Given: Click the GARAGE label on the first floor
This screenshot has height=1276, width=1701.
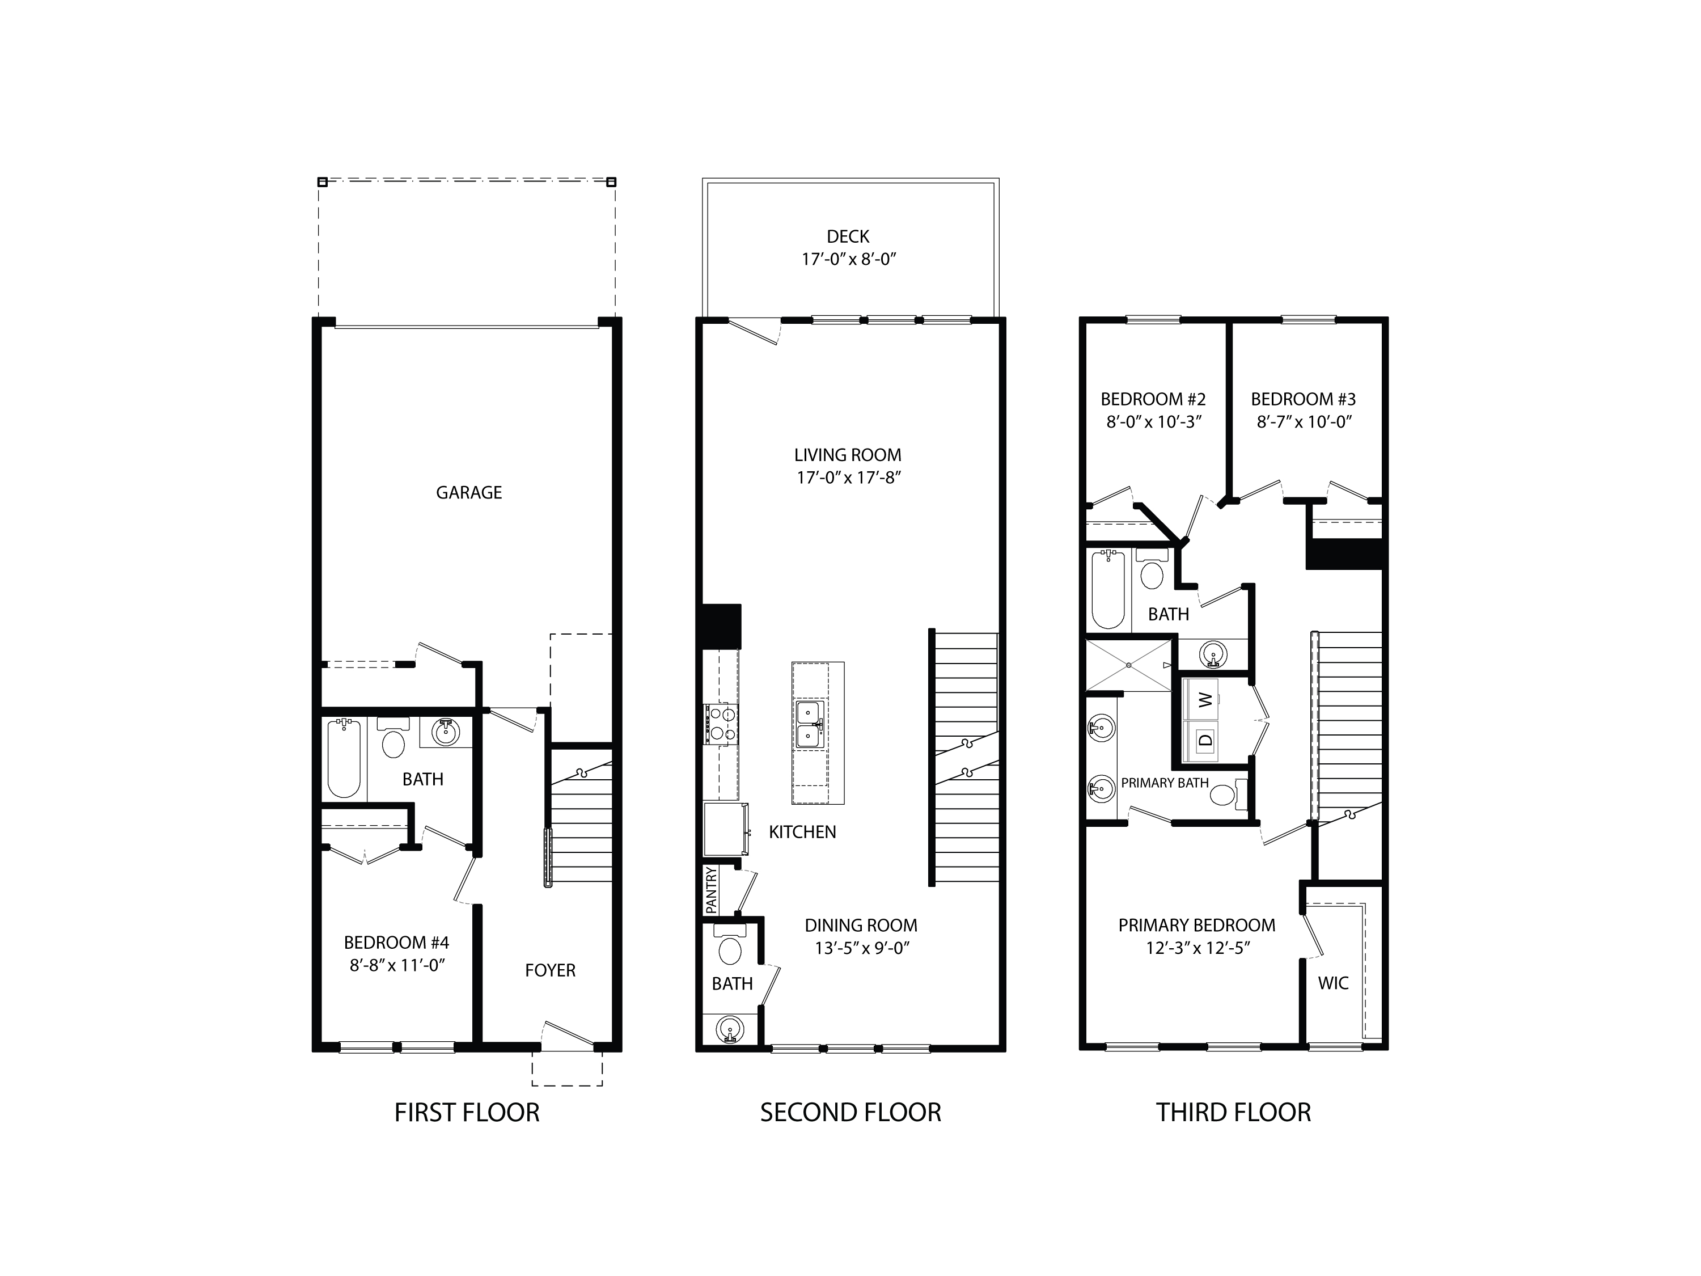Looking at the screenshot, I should point(468,492).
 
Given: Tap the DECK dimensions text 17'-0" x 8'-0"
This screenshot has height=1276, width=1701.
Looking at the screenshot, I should point(849,259).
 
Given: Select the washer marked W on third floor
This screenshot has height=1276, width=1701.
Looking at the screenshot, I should point(1205,699).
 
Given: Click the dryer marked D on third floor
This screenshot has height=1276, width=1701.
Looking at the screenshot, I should point(1205,741).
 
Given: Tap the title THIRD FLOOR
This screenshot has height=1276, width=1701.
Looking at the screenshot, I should point(1233,1112).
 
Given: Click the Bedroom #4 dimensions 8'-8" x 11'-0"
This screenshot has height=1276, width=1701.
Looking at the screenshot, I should point(397,965).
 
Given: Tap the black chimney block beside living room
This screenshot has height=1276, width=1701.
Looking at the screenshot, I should point(721,626).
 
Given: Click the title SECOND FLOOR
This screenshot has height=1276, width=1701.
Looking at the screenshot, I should point(850,1112).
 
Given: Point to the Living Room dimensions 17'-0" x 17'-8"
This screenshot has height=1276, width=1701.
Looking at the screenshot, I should point(848,478).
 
